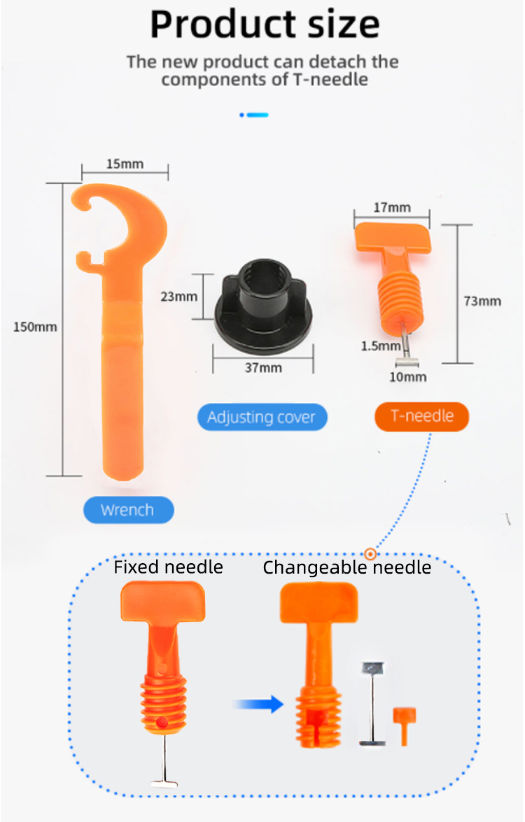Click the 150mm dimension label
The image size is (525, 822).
pyautogui.click(x=35, y=326)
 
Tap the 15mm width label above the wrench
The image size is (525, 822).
pyautogui.click(x=125, y=164)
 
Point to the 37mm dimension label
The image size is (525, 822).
pyautogui.click(x=263, y=368)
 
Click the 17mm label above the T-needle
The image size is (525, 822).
pyautogui.click(x=392, y=207)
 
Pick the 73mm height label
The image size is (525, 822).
pyautogui.click(x=482, y=301)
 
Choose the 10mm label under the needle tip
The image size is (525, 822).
pyautogui.click(x=407, y=377)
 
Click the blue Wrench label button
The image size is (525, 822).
pyautogui.click(x=127, y=510)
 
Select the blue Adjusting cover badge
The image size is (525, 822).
pyautogui.click(x=261, y=418)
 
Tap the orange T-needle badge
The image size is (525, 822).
pyautogui.click(x=421, y=416)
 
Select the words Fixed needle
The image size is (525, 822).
pyautogui.click(x=168, y=567)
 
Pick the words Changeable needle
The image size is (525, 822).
pyautogui.click(x=346, y=567)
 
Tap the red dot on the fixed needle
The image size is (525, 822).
pyautogui.click(x=162, y=721)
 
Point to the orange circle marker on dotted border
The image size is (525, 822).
pyautogui.click(x=371, y=554)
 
